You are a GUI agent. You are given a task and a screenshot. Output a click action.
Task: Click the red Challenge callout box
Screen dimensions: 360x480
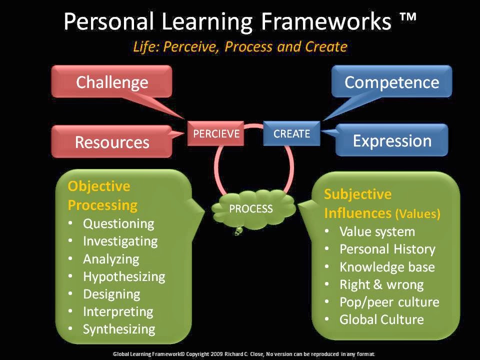click(x=112, y=81)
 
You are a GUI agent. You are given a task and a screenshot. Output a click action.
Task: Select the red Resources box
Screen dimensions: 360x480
click(x=112, y=141)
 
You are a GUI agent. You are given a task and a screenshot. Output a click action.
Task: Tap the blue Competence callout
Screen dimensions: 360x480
click(x=391, y=81)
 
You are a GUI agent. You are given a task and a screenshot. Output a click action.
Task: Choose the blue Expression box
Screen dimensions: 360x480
click(x=391, y=140)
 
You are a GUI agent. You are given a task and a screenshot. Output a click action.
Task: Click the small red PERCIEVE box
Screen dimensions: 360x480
click(x=216, y=133)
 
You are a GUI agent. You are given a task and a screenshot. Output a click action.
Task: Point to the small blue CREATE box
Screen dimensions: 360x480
click(x=291, y=133)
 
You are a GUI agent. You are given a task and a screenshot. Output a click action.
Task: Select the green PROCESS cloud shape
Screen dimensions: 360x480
click(x=251, y=209)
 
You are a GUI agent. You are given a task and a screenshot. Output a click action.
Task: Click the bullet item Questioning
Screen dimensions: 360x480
click(x=118, y=223)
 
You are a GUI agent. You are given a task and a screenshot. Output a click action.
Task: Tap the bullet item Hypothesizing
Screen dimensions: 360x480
click(x=124, y=276)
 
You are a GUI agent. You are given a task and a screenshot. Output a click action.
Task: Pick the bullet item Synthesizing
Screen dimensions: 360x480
click(x=119, y=329)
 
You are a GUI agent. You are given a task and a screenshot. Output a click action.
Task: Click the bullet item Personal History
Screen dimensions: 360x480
click(x=387, y=249)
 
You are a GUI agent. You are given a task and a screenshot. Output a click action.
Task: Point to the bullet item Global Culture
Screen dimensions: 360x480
click(x=381, y=319)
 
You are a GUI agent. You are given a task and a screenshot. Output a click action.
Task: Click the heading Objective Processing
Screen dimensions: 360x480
click(x=102, y=195)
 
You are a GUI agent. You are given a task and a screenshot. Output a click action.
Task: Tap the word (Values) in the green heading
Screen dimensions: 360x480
click(x=418, y=214)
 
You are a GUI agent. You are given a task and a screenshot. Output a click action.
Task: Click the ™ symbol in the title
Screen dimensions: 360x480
click(x=407, y=21)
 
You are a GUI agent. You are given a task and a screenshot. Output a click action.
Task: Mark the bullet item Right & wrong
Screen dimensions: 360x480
click(x=381, y=284)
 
